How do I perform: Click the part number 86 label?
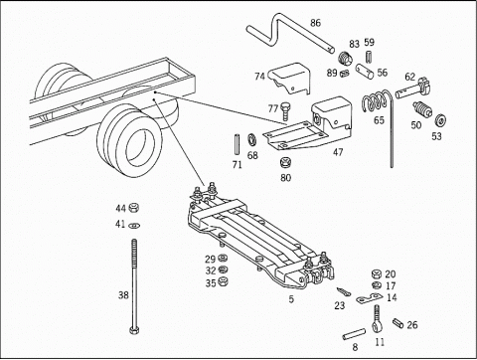[315, 23]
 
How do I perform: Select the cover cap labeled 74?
[290, 78]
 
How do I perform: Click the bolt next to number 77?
[284, 110]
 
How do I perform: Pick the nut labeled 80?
[285, 163]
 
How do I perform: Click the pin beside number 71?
[237, 144]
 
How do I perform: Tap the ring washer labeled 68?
[252, 140]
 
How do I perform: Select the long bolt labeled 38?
[134, 285]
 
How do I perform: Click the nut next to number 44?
[133, 208]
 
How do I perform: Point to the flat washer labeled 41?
[134, 226]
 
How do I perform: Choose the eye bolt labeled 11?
[377, 319]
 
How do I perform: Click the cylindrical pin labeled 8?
[354, 334]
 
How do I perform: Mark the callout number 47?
[338, 152]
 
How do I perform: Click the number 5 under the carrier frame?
[291, 299]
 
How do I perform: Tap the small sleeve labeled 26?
[397, 323]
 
